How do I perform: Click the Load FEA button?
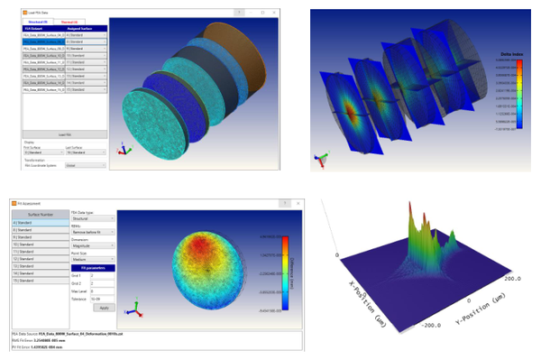click(65, 134)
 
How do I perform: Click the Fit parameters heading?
click(92, 268)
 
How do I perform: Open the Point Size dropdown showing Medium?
click(92, 257)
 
